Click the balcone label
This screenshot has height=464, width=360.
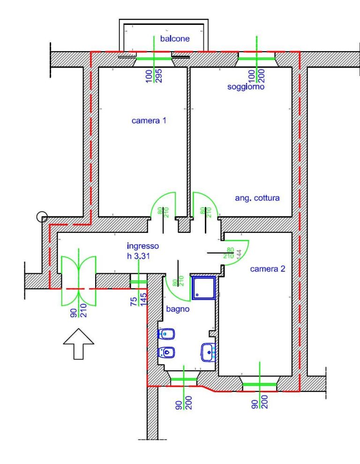pos(175,38)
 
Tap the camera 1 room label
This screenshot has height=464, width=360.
pos(149,120)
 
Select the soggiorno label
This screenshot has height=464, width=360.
pos(246,87)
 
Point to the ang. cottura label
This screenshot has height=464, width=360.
pos(257,198)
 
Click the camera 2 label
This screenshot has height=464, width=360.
pos(268,269)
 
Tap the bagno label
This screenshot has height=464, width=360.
pos(178,309)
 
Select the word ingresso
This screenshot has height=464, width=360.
pos(143,246)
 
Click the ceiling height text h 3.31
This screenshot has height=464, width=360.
pos(139,256)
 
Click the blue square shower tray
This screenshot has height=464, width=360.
pos(203,288)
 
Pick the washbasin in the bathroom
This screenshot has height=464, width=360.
pos(209,352)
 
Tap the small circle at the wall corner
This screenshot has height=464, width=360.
pos(42,217)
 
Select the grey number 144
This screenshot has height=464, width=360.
pos(239,255)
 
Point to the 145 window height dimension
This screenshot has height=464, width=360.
pos(143,299)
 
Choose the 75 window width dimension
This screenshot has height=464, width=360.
pos(134,301)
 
